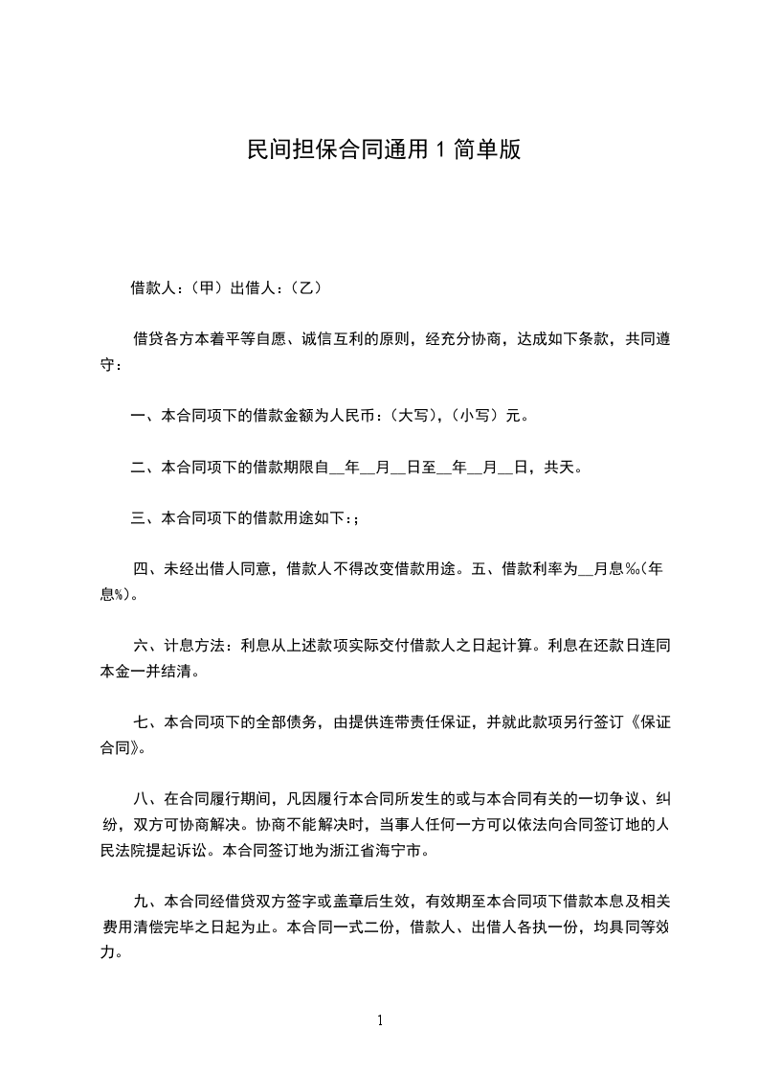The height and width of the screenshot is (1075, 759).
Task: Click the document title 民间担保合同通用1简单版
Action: tap(383, 149)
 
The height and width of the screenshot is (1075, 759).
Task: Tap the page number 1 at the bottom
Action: tap(380, 1020)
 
